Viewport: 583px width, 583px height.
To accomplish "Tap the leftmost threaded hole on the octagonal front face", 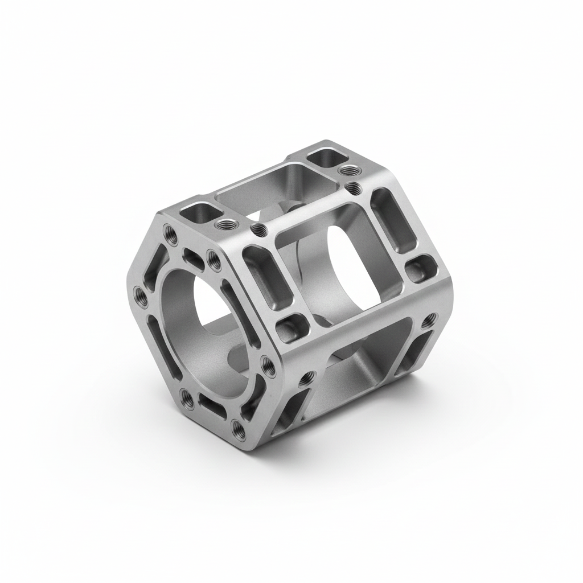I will [138, 294].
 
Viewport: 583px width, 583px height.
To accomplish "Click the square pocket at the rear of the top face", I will [325, 157].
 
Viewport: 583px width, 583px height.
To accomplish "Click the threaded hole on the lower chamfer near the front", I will [308, 376].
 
